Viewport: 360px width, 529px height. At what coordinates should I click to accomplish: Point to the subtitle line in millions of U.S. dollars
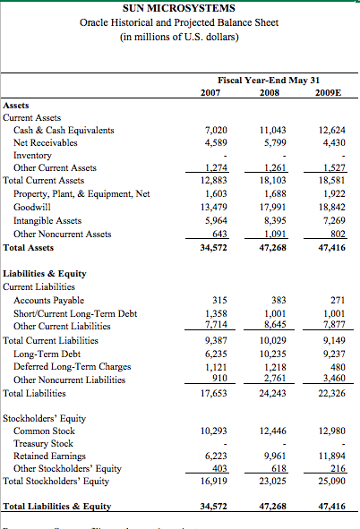click(x=179, y=37)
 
